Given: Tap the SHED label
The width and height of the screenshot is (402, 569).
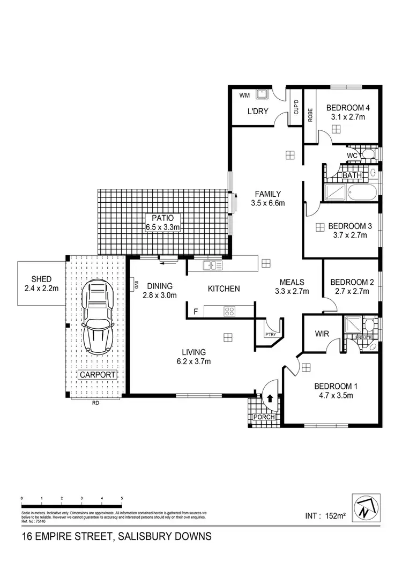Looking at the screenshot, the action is [x=41, y=279].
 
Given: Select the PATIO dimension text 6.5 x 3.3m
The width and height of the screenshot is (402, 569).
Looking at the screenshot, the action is [x=163, y=227].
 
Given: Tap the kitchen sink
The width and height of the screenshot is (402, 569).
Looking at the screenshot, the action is [x=212, y=265].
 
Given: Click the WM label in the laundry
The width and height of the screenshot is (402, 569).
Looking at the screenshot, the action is [x=245, y=95].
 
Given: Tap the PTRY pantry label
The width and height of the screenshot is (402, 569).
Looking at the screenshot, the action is [x=270, y=335].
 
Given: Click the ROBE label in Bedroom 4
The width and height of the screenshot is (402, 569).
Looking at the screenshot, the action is [x=310, y=116].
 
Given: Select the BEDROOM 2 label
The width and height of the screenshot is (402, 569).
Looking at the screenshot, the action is [x=352, y=282].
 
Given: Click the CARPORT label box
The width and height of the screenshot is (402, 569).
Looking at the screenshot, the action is [x=98, y=374].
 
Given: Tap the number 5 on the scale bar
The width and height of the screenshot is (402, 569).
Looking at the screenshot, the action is [x=122, y=498].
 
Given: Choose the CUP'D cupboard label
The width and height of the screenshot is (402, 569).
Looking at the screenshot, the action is [x=295, y=109].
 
